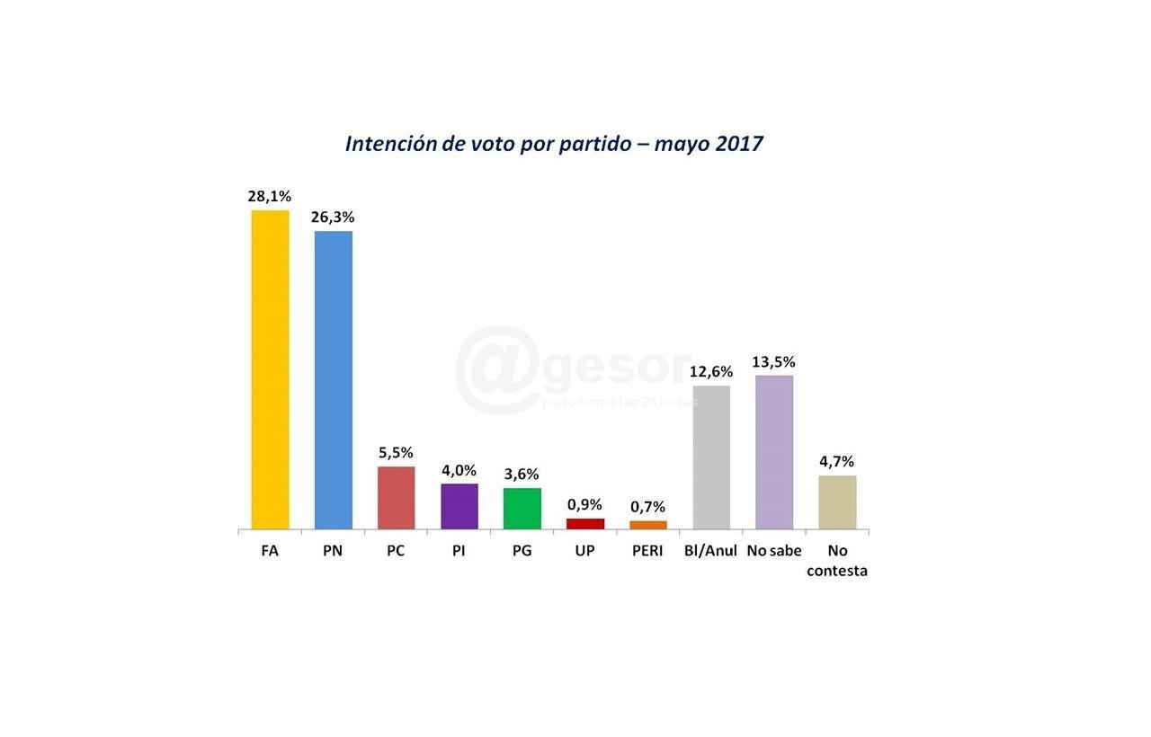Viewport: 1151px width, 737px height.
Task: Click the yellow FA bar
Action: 270,369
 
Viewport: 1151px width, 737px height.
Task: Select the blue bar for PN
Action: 333,380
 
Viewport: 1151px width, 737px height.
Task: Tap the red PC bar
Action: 396,497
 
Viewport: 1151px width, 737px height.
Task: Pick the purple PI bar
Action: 459,506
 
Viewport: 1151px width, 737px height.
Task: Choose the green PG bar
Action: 522,508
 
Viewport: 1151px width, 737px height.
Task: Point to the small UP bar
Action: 584,523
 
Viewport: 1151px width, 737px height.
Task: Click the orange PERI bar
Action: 647,525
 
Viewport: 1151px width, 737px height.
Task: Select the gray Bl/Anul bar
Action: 711,457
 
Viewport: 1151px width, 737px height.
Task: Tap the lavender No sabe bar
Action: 774,452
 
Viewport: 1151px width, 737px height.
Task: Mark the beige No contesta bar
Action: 837,502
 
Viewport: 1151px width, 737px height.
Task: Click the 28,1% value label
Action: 270,196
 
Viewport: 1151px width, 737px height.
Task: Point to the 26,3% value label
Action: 333,217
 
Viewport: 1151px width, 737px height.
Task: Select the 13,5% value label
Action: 774,361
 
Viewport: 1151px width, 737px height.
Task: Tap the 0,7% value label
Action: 647,507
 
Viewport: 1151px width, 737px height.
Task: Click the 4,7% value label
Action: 837,461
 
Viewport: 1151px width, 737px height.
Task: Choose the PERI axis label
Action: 647,551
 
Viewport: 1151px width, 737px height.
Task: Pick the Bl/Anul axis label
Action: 711,551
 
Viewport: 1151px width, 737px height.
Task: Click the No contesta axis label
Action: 837,561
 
